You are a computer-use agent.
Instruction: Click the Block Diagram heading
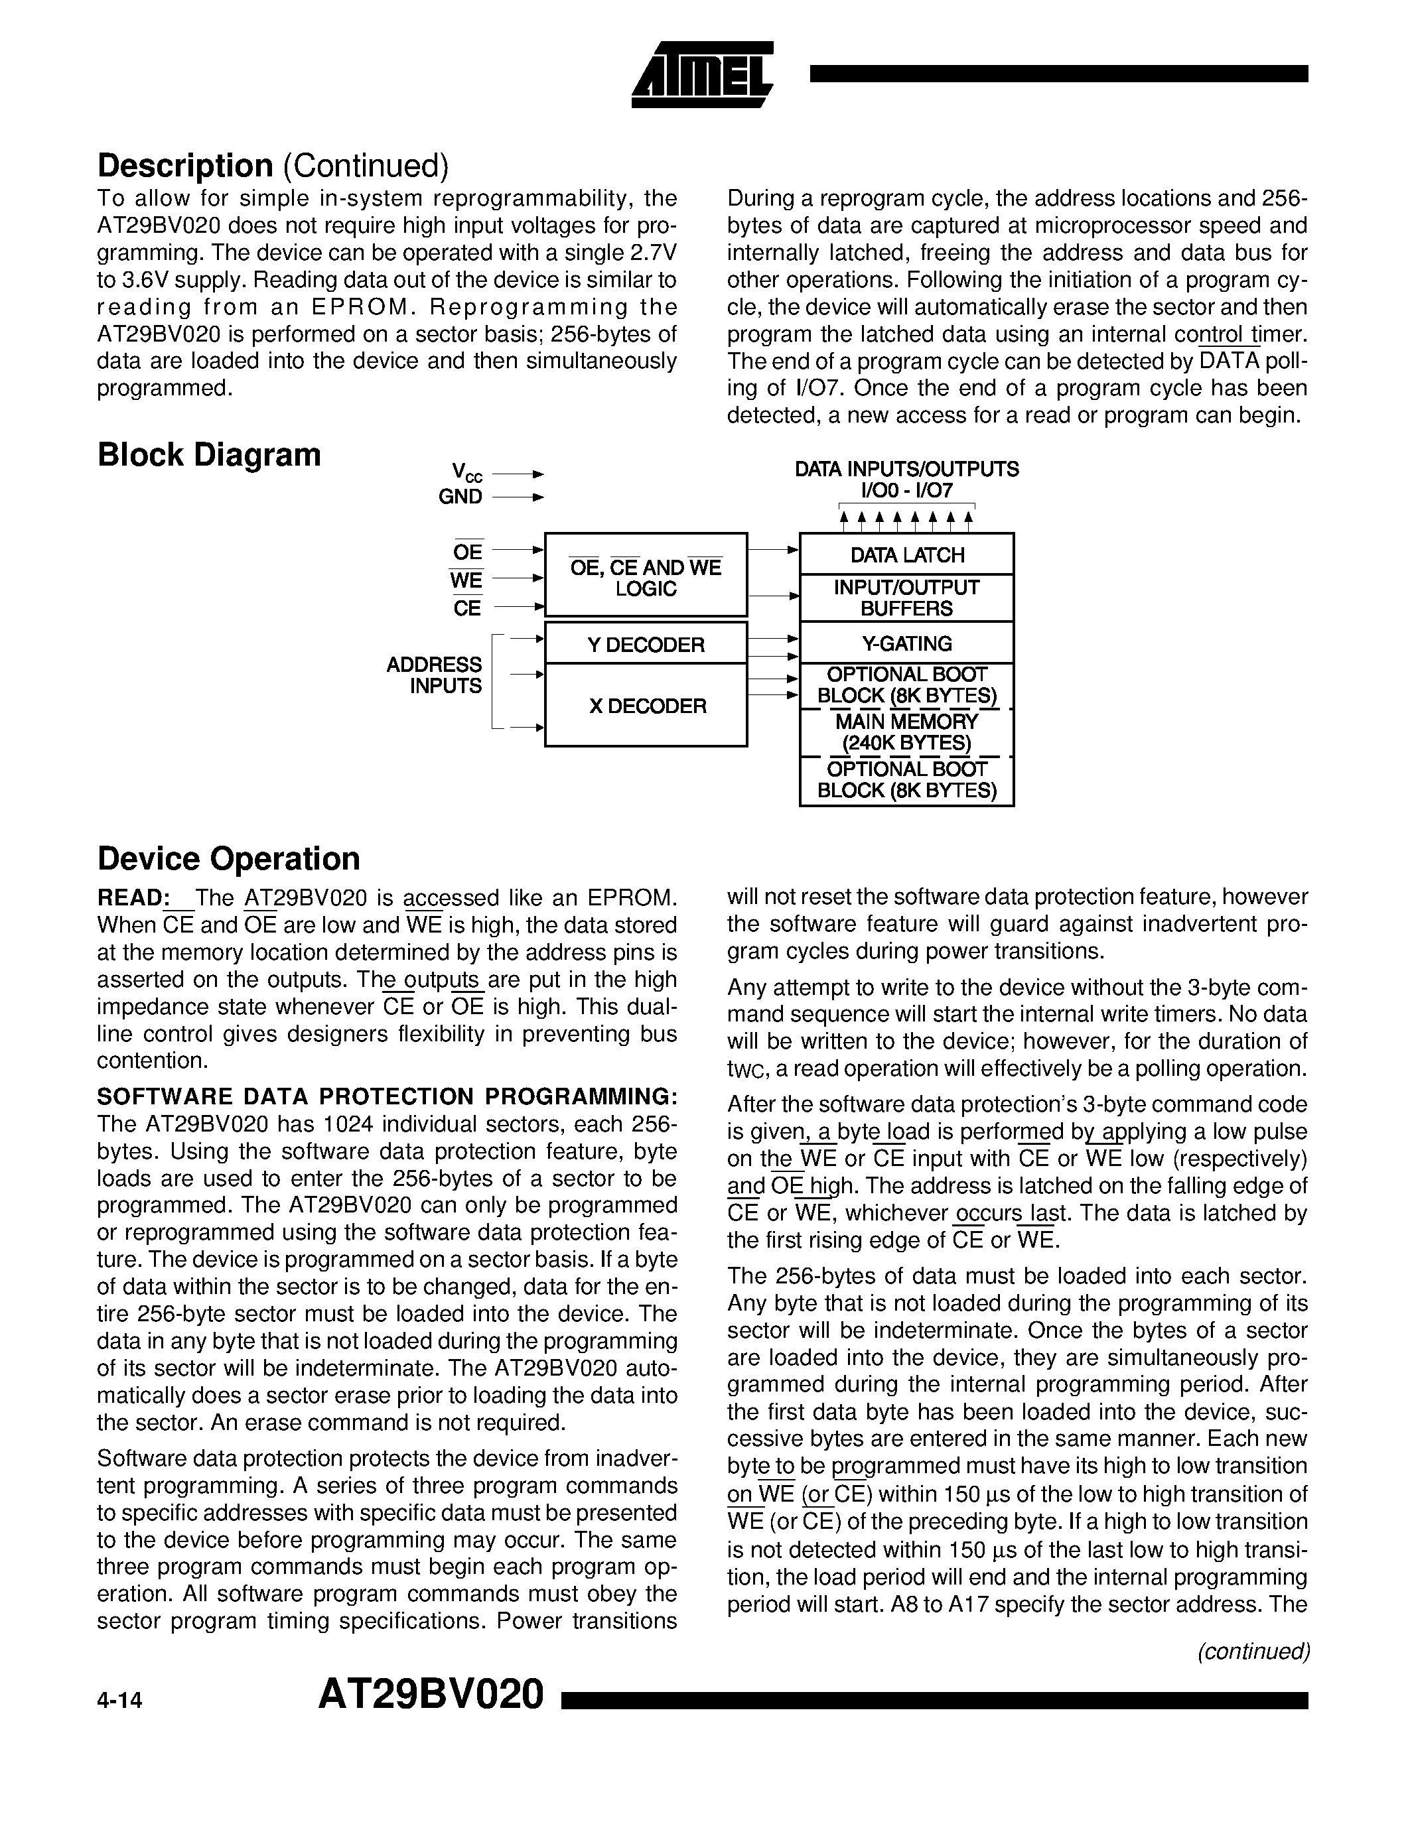[x=209, y=455]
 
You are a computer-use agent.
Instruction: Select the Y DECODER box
[x=646, y=644]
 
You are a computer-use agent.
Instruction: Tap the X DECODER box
[x=646, y=706]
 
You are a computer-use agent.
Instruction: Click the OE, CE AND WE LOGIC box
[x=646, y=577]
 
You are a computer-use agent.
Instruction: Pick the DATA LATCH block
[x=906, y=554]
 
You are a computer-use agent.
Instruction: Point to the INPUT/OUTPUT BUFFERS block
[x=906, y=598]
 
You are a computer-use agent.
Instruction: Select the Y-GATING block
[x=906, y=643]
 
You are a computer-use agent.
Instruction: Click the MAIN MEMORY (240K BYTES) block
[x=906, y=732]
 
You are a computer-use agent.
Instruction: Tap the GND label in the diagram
[x=460, y=497]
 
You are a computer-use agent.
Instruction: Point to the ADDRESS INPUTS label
[x=435, y=675]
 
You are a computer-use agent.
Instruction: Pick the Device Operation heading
[x=228, y=858]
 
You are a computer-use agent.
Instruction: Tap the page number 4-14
[x=119, y=1701]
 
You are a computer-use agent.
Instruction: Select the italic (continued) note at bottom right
[x=1253, y=1651]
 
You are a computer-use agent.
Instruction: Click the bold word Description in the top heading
[x=184, y=165]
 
